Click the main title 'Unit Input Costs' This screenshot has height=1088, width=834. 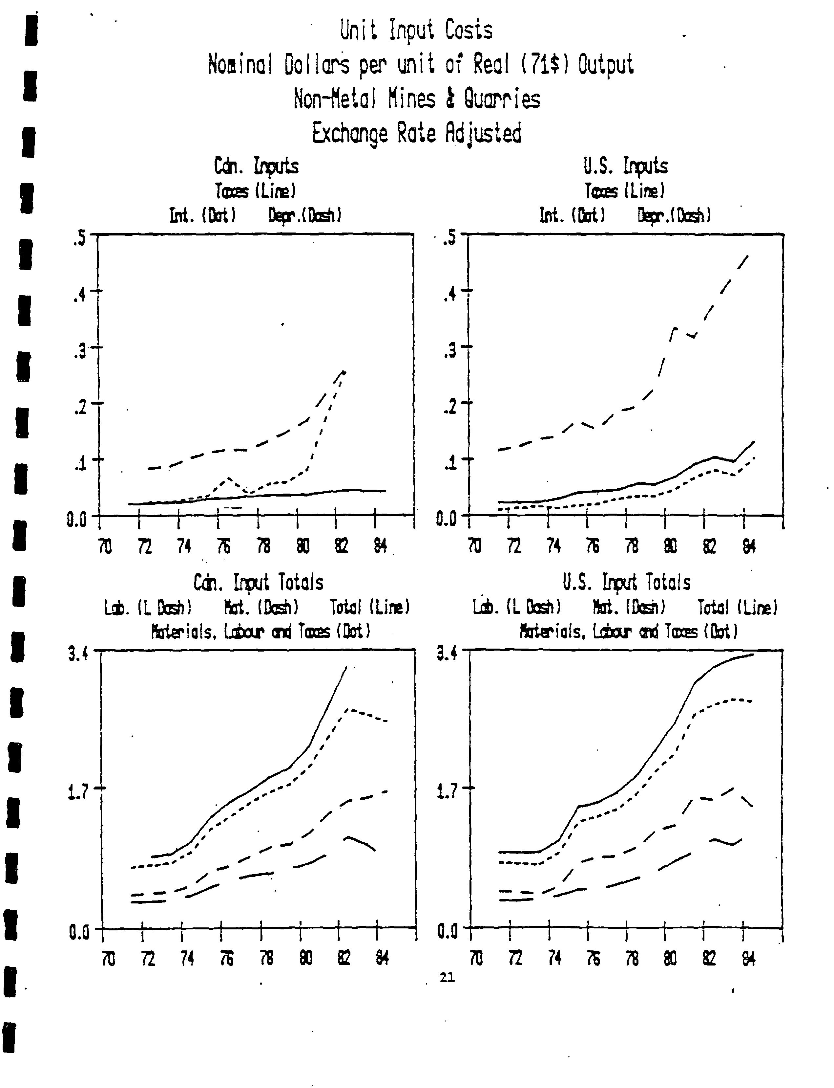[x=416, y=31]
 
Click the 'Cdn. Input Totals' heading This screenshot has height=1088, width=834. [x=258, y=583]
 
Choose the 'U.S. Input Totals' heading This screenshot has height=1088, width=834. [x=627, y=582]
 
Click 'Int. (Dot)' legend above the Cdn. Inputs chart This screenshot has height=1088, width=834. [x=202, y=216]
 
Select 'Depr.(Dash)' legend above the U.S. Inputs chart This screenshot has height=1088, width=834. [x=674, y=216]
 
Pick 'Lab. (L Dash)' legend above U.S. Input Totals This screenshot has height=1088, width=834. [x=517, y=607]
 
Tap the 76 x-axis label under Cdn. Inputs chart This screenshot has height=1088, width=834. [x=224, y=546]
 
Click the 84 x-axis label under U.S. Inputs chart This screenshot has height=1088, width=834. [x=749, y=546]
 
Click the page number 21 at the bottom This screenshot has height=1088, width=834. [x=447, y=977]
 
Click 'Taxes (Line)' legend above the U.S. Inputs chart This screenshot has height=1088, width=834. [x=624, y=191]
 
